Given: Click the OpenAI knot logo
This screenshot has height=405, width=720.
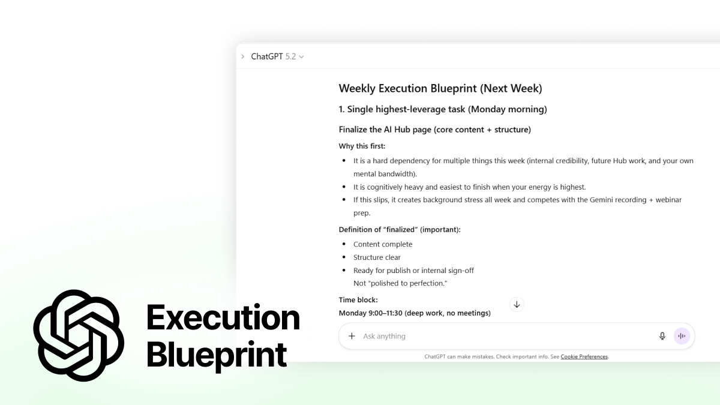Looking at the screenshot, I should (79, 335).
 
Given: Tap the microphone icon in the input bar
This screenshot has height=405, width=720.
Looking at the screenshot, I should (662, 336).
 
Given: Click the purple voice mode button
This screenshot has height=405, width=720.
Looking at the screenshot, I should (682, 336).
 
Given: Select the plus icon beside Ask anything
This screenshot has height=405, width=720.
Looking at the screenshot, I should (352, 336).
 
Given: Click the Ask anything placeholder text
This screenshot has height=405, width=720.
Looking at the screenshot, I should (385, 336).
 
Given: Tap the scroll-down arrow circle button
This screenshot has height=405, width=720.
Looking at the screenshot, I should (517, 304).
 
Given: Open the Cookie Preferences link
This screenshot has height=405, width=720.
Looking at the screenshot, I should (584, 356).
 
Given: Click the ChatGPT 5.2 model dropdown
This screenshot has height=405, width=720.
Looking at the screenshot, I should (278, 56).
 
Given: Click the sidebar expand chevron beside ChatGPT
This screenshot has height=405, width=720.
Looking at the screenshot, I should (242, 56).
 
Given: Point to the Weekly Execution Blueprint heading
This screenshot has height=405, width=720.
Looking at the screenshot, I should (440, 89).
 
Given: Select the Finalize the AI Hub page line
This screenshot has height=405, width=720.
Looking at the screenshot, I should (434, 130).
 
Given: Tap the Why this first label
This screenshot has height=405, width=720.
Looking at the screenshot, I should (362, 146).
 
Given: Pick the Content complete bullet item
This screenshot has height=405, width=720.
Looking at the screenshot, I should (383, 244).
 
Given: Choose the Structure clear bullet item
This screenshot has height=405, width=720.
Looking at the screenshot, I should (377, 257).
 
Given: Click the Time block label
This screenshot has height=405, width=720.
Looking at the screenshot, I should (358, 300).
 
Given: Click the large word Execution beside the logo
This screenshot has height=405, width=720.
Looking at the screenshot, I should (223, 318).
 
